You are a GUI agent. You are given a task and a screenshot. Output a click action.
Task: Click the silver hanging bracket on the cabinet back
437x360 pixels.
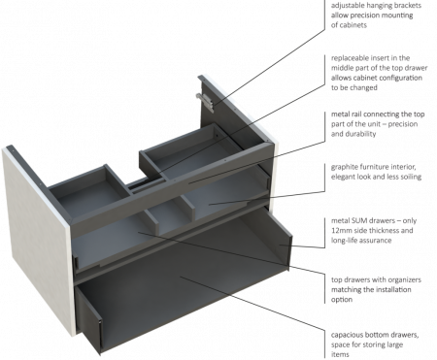205,102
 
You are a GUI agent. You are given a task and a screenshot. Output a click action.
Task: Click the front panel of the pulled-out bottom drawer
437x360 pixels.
89,319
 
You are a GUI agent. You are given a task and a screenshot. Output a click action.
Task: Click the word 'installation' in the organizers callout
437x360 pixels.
392,290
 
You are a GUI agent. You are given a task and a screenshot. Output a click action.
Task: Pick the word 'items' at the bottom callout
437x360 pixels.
340,355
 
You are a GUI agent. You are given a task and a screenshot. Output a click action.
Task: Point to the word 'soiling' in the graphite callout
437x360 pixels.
410,177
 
